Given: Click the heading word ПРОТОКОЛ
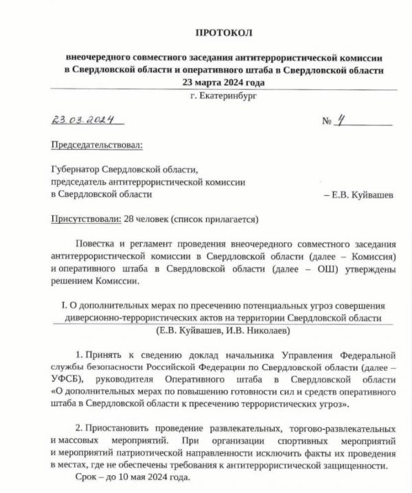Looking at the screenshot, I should [x=224, y=32].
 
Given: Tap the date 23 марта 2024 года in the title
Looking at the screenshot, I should [x=224, y=82].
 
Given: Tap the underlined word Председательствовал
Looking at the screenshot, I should [x=98, y=146].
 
